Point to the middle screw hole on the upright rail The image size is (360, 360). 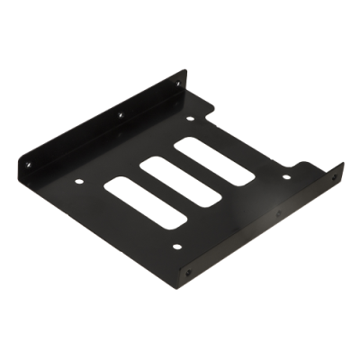[120, 115]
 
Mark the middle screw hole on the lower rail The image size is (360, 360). [278, 214]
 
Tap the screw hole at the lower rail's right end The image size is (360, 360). [334, 178]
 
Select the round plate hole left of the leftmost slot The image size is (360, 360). [79, 179]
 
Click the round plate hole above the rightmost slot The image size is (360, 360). [190, 118]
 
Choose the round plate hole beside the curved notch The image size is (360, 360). [286, 176]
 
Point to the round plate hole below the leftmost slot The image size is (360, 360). [176, 246]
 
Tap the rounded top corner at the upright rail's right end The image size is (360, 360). [184, 72]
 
